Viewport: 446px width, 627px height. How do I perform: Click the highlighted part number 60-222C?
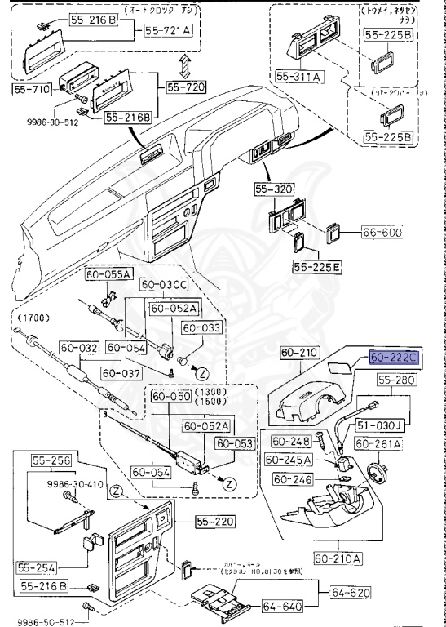coord(394,358)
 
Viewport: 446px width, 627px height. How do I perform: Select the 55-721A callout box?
coord(170,30)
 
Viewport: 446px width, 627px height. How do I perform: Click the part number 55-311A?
coord(299,76)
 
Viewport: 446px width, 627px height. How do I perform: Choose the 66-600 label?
coord(383,233)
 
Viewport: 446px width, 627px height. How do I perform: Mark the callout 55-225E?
coord(318,266)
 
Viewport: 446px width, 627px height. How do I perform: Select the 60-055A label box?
coord(109,274)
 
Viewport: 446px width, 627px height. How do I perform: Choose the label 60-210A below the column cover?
coord(336,558)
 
